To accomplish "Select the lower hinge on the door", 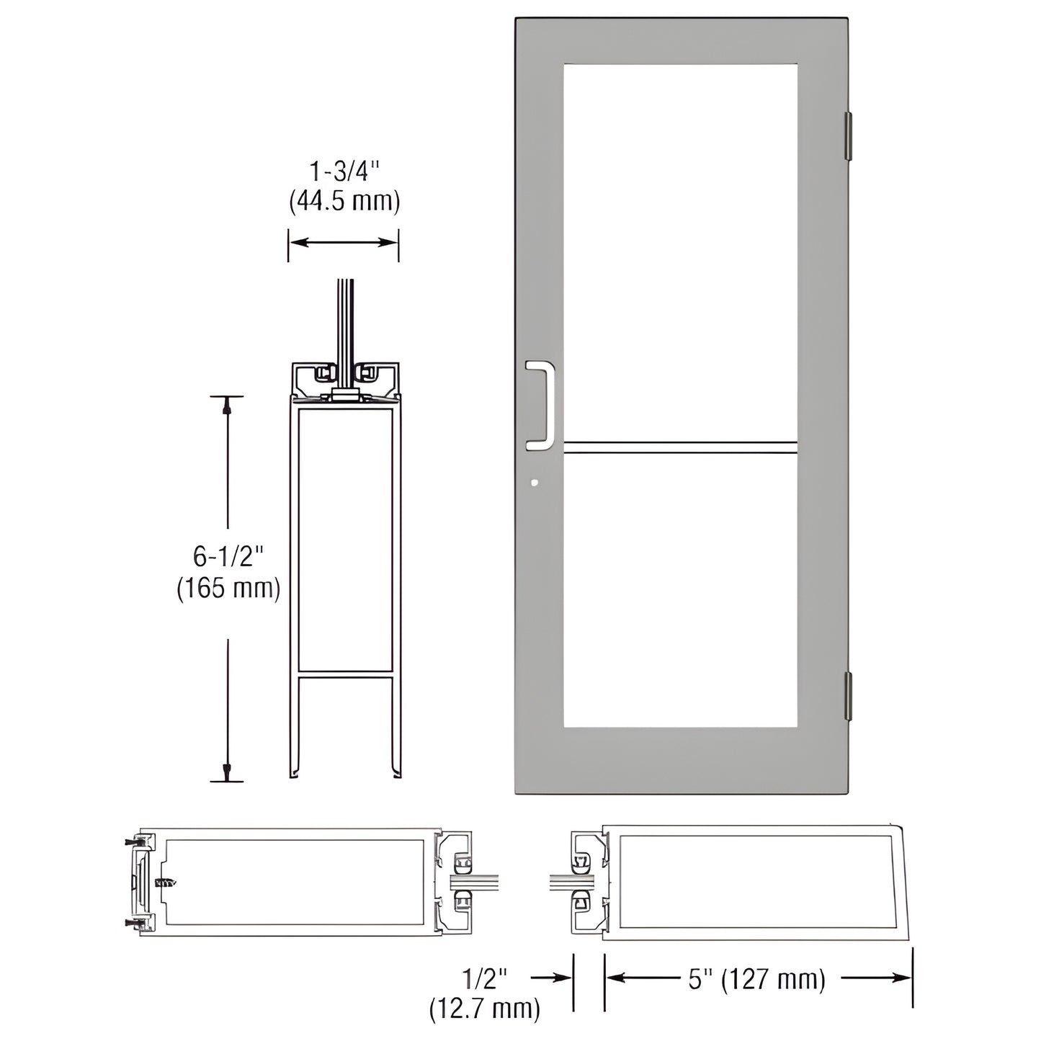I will [848, 694].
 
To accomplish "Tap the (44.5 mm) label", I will [344, 201].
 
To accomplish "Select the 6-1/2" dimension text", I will [228, 556].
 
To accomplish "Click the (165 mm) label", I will [228, 589].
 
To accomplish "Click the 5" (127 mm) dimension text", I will [756, 979].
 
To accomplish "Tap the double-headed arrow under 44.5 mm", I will [344, 242].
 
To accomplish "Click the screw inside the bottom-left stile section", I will [165, 882].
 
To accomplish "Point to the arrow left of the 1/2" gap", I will [552, 978].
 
